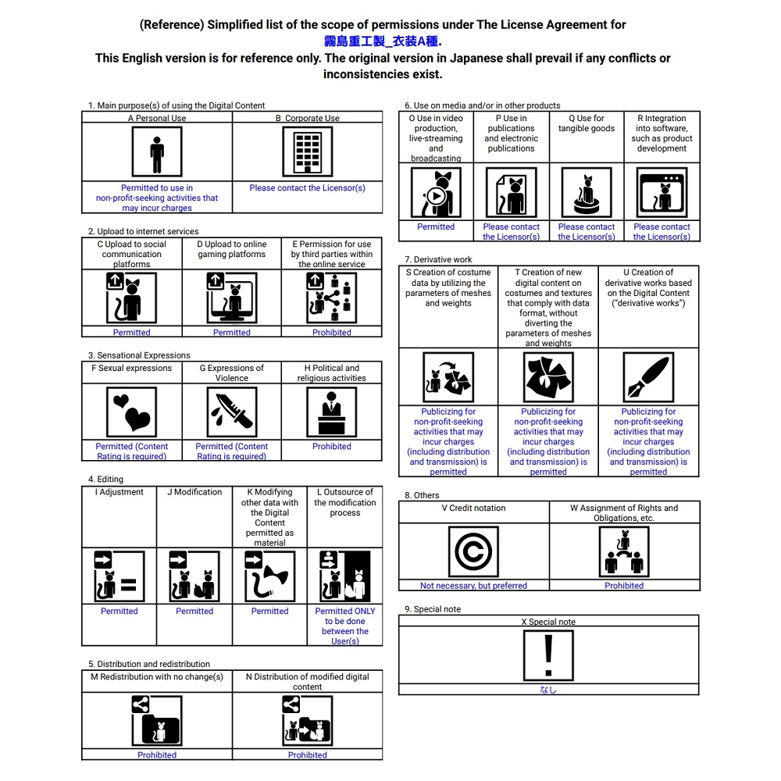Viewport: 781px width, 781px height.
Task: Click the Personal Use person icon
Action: tap(157, 152)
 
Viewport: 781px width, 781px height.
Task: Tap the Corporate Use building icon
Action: tap(307, 152)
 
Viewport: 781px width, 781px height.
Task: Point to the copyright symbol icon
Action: tap(473, 551)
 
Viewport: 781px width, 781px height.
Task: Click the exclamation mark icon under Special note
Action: tap(548, 655)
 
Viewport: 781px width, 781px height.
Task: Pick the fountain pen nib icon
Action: tap(648, 377)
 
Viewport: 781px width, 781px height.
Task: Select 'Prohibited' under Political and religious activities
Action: tap(332, 447)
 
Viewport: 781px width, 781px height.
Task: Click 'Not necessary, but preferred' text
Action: tap(473, 586)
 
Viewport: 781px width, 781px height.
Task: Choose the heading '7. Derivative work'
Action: tap(438, 259)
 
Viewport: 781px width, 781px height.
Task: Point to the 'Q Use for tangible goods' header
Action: tap(587, 123)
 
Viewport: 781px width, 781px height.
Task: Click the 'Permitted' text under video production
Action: tap(436, 227)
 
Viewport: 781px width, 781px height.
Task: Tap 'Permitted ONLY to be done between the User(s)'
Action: tap(344, 626)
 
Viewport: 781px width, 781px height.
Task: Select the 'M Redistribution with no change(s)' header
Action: tap(157, 677)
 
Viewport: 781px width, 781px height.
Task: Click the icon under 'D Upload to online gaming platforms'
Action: tap(232, 298)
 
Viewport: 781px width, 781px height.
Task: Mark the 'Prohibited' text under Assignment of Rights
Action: tap(624, 586)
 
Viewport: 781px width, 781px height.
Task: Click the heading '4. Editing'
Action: tap(105, 479)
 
